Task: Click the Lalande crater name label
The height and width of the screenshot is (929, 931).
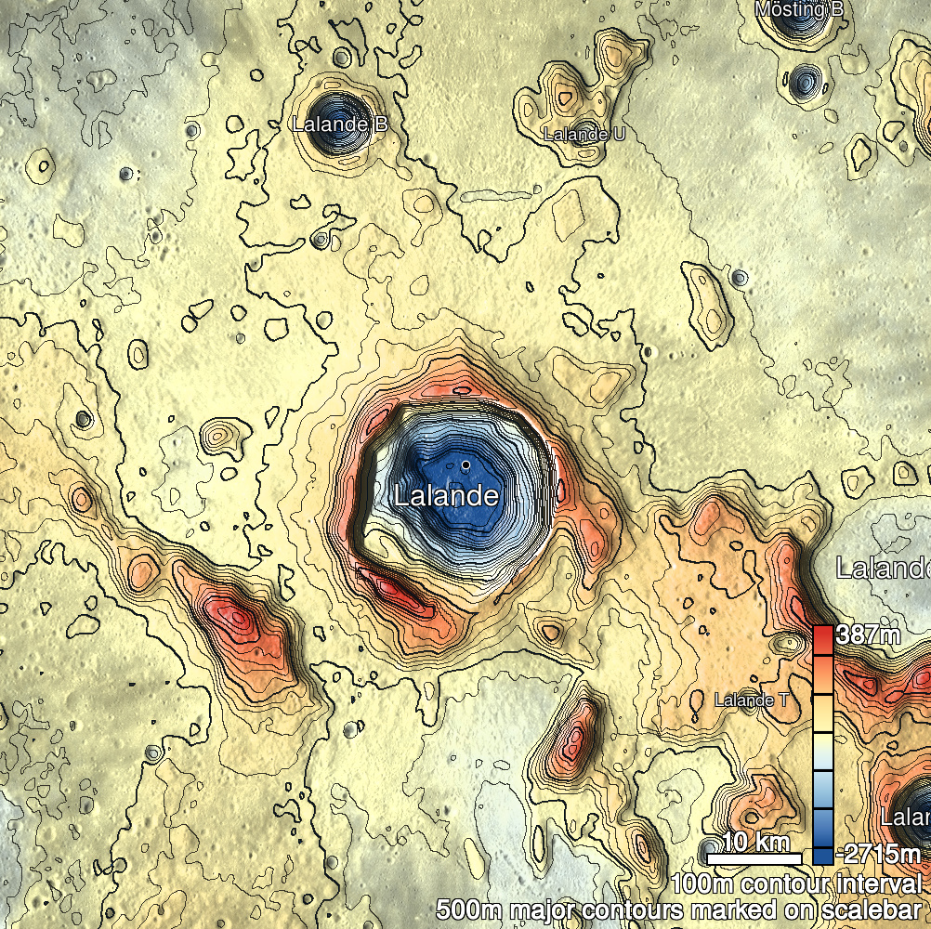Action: [446, 495]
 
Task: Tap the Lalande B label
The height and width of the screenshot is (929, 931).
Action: [339, 124]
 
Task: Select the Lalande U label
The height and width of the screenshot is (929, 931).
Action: [584, 135]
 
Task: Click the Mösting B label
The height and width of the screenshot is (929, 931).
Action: [799, 9]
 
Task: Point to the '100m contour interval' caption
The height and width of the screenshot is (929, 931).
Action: [799, 883]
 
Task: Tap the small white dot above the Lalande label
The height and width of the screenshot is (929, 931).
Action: [465, 463]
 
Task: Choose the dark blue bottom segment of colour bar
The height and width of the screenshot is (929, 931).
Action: [823, 850]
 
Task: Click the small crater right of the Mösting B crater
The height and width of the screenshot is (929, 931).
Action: [803, 80]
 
